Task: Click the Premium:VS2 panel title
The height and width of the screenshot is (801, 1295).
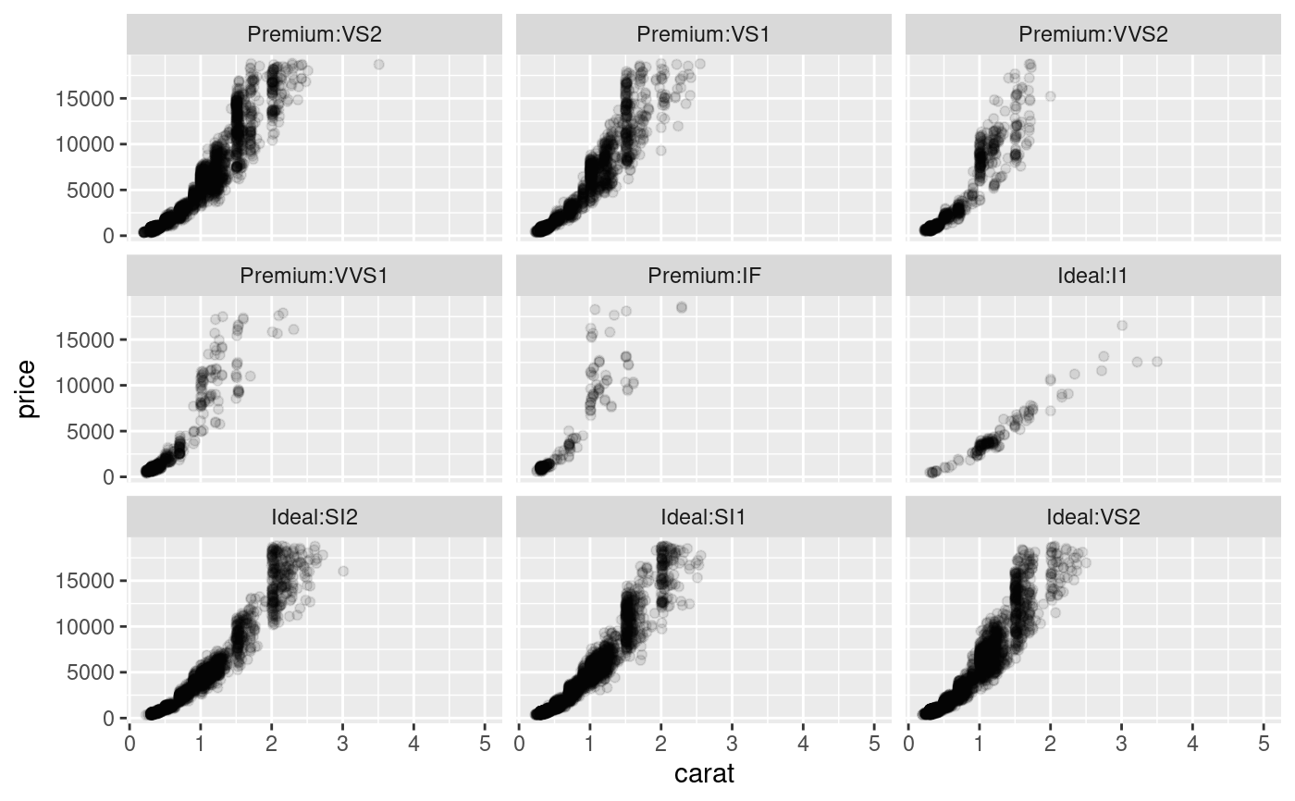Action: coord(314,35)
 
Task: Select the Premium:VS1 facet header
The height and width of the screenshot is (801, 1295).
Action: coord(704,35)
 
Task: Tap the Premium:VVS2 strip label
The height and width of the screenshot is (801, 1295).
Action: coord(1093,35)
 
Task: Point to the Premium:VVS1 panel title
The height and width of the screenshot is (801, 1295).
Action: coord(314,276)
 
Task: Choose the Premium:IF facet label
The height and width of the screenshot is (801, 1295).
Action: coord(704,276)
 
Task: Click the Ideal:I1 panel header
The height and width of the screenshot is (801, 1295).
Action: coord(1093,276)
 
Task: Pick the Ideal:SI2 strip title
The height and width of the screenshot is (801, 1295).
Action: coord(314,516)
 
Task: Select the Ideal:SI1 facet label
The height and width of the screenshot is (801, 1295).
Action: coord(704,516)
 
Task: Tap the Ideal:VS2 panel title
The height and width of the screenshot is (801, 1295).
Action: coord(1093,516)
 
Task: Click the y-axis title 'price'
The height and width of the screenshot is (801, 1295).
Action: coord(28,388)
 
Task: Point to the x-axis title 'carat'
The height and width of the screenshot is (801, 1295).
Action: coord(705,773)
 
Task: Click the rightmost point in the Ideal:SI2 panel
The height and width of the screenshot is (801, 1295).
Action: coord(343,571)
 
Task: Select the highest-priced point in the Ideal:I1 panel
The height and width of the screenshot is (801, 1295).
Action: coord(1122,325)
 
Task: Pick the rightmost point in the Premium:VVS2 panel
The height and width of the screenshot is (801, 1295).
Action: coord(1051,95)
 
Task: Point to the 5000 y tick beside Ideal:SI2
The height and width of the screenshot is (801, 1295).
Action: coord(96,672)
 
